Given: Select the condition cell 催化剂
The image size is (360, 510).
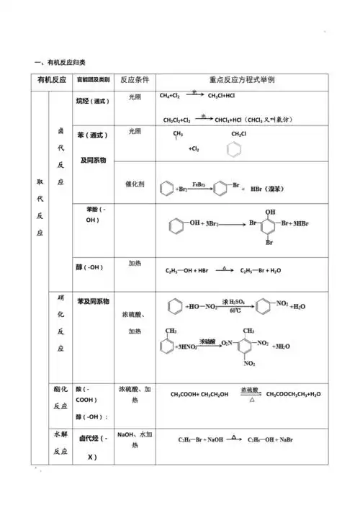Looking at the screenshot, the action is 135,184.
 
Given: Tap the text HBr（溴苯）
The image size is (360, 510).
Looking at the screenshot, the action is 266,189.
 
